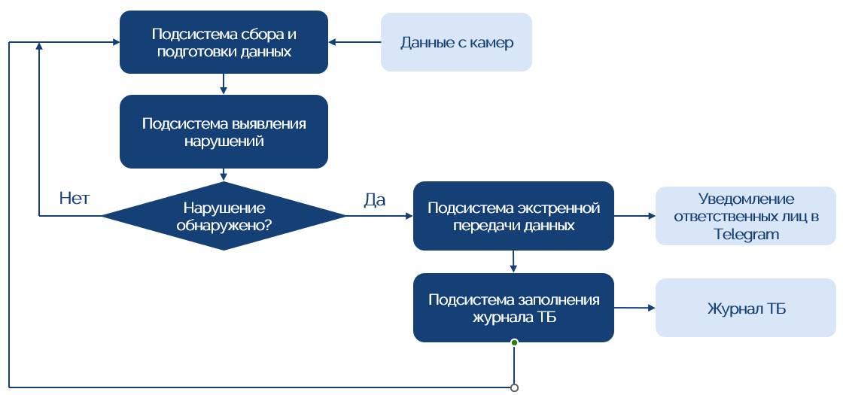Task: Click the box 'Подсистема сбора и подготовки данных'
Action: point(224,42)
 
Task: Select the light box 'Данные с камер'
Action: point(456,42)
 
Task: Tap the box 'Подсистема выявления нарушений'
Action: point(224,131)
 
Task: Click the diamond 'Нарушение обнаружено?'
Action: point(224,216)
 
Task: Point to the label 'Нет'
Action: point(75,199)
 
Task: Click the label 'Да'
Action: point(374,199)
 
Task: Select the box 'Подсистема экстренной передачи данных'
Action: point(513,216)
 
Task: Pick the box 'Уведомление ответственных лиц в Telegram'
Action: point(746,216)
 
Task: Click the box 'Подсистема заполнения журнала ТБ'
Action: point(513,308)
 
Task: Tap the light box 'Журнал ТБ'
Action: point(746,308)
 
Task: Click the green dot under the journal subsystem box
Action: point(514,342)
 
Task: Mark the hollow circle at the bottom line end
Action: point(514,388)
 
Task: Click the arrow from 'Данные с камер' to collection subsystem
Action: point(355,42)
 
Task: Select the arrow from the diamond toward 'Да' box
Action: point(379,216)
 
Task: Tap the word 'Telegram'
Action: point(746,234)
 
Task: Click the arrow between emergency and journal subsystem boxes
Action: point(513,261)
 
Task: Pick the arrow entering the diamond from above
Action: point(224,175)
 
